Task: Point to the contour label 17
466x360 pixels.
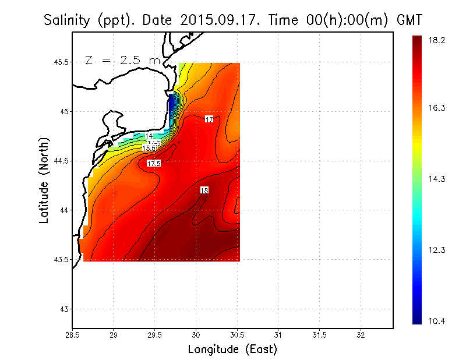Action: tap(209, 119)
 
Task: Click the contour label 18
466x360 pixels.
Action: tap(204, 190)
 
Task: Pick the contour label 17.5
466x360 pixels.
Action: tap(154, 164)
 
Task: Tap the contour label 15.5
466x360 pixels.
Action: tap(149, 149)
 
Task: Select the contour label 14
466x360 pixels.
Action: tap(149, 136)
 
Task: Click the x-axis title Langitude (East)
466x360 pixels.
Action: tap(232, 350)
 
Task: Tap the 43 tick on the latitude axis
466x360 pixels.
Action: tap(63, 309)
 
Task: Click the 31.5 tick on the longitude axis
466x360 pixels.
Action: tap(320, 334)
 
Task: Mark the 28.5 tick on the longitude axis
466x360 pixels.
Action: tap(72, 334)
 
